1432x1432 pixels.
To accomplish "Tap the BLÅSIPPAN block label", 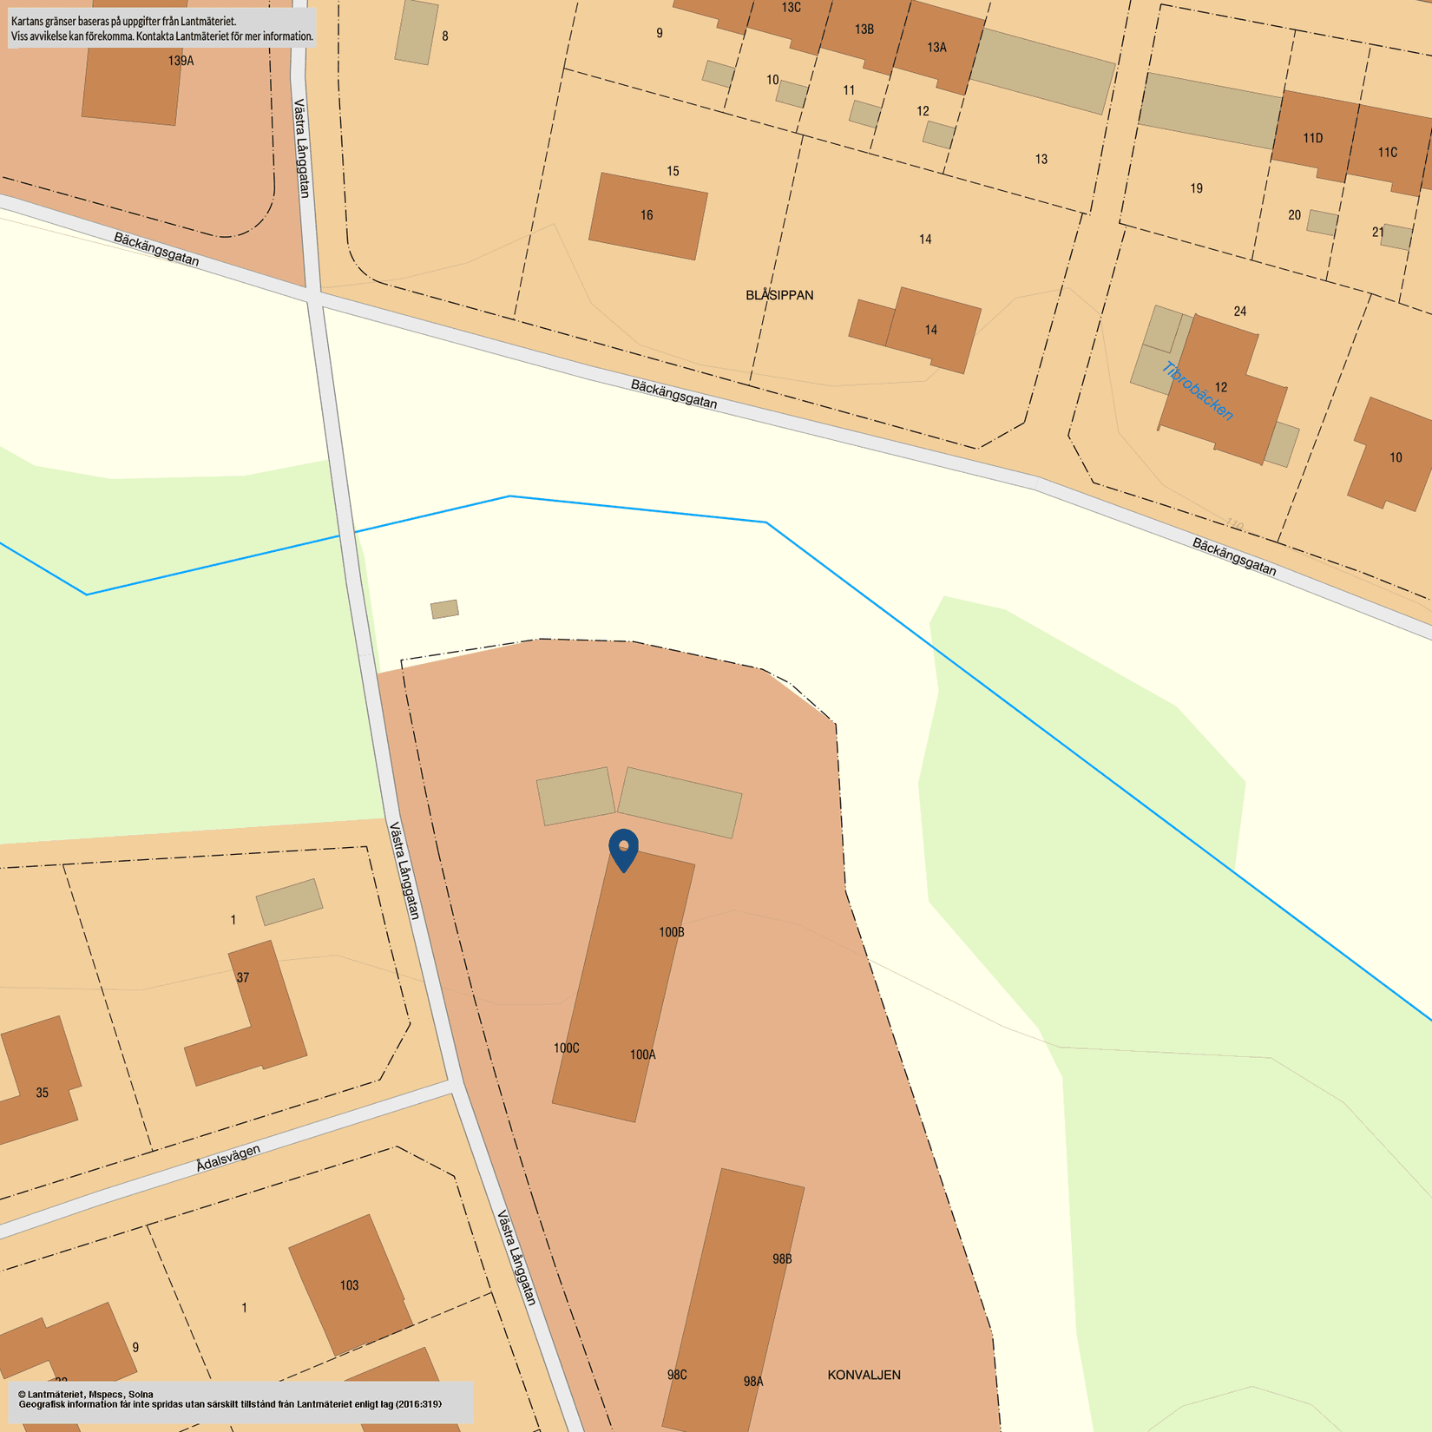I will [779, 295].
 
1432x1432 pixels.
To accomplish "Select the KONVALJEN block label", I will [864, 1375].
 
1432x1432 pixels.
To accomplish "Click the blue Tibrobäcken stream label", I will [1198, 391].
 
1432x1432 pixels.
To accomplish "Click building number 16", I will [647, 215].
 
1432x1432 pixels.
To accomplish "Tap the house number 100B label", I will [671, 932].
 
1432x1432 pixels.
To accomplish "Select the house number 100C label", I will [566, 1048].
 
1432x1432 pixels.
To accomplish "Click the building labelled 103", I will [349, 1284].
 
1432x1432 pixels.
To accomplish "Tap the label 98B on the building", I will [781, 1258].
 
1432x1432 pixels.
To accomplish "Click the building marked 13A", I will [936, 49].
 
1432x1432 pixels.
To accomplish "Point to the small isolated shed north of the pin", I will [444, 609].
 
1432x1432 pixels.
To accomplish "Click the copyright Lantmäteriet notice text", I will [230, 1399].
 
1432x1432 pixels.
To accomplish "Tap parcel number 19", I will [1196, 188].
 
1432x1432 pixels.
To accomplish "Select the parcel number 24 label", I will [1239, 311].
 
